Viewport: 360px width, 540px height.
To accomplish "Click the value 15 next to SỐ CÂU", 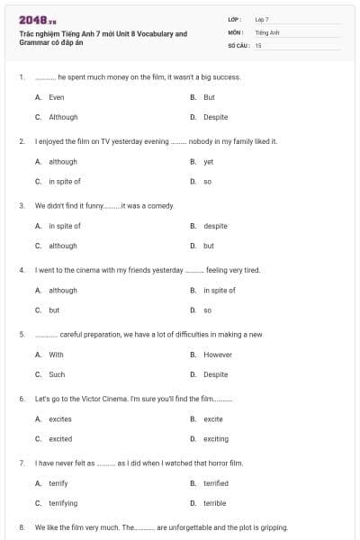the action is (258, 44).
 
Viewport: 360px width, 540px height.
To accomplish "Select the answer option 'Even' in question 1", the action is (57, 97).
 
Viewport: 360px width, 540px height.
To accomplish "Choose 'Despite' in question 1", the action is (215, 117).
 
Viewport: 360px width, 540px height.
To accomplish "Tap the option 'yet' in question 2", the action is (208, 162).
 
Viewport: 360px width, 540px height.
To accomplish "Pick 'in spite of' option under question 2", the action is (65, 181).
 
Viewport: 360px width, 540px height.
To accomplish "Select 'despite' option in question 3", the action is (215, 226).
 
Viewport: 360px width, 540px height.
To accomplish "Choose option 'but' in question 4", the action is (54, 310).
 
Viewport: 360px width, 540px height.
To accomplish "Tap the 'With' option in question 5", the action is (56, 355).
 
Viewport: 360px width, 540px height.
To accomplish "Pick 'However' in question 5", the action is (218, 355).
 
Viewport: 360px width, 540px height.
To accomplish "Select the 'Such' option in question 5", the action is (57, 374).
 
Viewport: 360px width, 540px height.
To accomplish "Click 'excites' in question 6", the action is (60, 419).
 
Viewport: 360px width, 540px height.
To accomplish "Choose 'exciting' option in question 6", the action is (216, 439).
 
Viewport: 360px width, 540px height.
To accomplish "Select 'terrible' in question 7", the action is (214, 503).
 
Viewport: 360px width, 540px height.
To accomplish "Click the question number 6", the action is (22, 398).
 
